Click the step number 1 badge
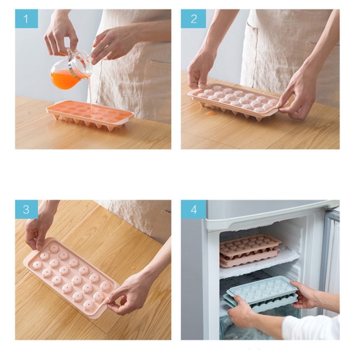[x=26, y=19]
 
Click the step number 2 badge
[x=194, y=19]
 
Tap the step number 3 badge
[x=26, y=210]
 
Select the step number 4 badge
[x=194, y=210]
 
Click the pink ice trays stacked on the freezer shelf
[x=250, y=250]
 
